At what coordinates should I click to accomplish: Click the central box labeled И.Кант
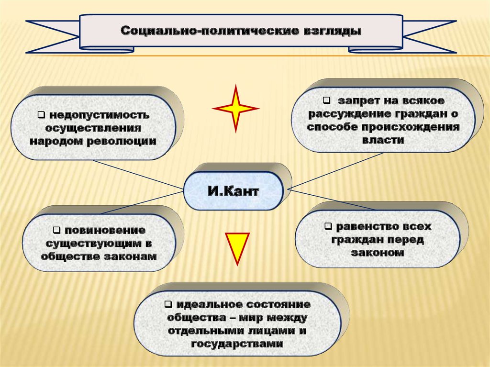[233, 192]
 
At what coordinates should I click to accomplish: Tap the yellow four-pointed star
[235, 108]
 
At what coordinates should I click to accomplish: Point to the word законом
[378, 252]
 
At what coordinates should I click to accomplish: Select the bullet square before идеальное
[168, 304]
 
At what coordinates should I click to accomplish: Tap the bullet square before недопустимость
[41, 115]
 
